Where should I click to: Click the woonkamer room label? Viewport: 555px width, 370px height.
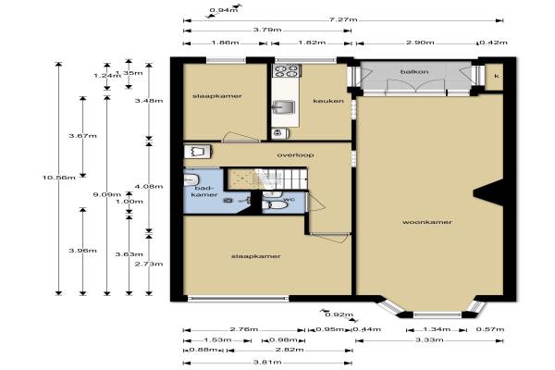(426, 222)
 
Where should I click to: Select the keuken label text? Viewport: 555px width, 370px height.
(328, 101)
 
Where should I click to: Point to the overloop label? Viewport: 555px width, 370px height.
(295, 155)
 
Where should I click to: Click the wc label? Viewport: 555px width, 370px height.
(290, 200)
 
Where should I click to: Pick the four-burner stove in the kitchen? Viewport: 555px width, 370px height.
(287, 70)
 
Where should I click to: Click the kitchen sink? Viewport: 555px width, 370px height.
(284, 107)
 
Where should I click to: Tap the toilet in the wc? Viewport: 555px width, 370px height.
(275, 205)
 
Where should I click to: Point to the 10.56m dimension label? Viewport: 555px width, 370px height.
(59, 178)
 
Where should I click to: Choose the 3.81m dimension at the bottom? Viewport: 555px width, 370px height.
(267, 362)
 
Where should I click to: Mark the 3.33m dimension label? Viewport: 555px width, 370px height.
(429, 339)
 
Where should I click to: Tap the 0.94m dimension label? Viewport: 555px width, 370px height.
(224, 10)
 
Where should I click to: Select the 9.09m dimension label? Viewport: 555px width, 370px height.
(107, 194)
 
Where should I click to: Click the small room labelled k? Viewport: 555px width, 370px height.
(494, 77)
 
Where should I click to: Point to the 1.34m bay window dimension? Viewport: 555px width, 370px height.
(437, 329)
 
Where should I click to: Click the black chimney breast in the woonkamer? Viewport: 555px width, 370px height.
(488, 192)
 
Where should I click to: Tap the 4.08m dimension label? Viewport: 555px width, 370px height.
(149, 186)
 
